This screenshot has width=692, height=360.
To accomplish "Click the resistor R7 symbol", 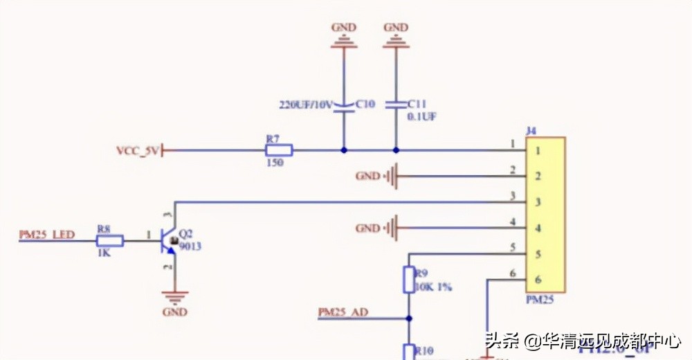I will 279,150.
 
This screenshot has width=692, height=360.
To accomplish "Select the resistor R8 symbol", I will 110,241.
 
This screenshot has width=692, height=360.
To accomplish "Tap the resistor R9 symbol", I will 408,280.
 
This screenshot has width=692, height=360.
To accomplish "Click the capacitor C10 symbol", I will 344,105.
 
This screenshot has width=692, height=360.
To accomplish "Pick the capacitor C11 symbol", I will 396,105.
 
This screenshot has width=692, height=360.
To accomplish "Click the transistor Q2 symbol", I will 169,241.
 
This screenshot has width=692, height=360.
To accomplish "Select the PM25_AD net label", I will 343,312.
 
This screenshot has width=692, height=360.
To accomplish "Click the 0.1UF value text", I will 422,116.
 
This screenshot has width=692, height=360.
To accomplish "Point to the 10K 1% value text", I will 432,286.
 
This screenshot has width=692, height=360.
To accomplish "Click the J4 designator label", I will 531,130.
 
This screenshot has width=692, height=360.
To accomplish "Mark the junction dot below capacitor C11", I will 396,150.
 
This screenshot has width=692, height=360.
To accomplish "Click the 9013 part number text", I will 190,246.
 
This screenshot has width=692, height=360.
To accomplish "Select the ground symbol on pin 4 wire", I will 392,228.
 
